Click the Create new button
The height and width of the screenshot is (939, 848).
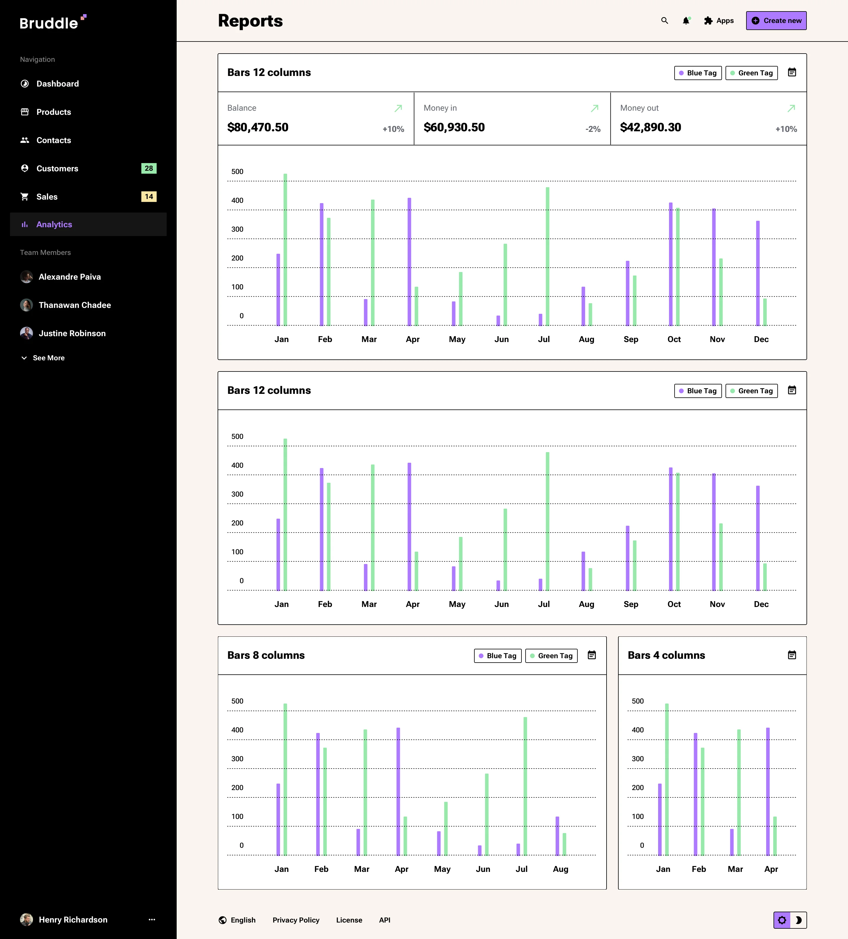click(776, 21)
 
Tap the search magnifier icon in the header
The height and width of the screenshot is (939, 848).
click(665, 21)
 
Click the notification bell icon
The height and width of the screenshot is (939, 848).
click(685, 21)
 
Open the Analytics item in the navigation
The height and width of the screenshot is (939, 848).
click(54, 225)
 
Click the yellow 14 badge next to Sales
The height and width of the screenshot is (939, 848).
click(149, 197)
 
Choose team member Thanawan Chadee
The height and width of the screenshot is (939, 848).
click(74, 305)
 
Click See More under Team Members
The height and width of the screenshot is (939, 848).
click(49, 358)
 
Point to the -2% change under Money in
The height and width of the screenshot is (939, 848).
click(593, 129)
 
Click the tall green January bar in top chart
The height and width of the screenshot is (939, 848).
click(285, 249)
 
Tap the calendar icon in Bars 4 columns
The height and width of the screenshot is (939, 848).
click(792, 655)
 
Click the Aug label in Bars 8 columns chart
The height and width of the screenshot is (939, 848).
click(561, 869)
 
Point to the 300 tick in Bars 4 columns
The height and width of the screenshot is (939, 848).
click(637, 759)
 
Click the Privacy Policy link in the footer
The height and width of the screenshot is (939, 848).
click(296, 920)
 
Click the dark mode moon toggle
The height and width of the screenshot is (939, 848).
click(798, 920)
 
